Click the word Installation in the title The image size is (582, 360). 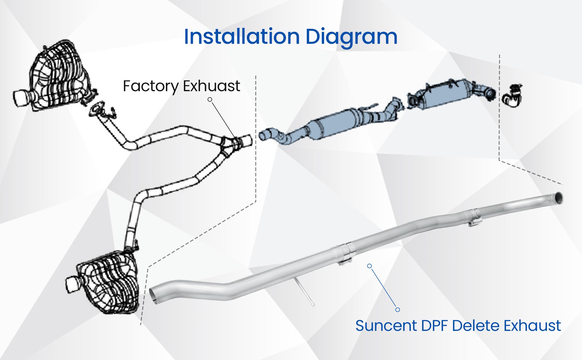(x=242, y=37)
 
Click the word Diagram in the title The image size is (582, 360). (x=351, y=37)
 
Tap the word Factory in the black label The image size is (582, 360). (x=151, y=86)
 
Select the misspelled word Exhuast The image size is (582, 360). (x=211, y=86)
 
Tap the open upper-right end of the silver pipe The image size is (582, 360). (x=559, y=198)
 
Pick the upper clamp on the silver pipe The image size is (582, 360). (x=474, y=217)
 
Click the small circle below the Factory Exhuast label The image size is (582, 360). (x=210, y=99)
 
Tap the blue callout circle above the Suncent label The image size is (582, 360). (x=397, y=310)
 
